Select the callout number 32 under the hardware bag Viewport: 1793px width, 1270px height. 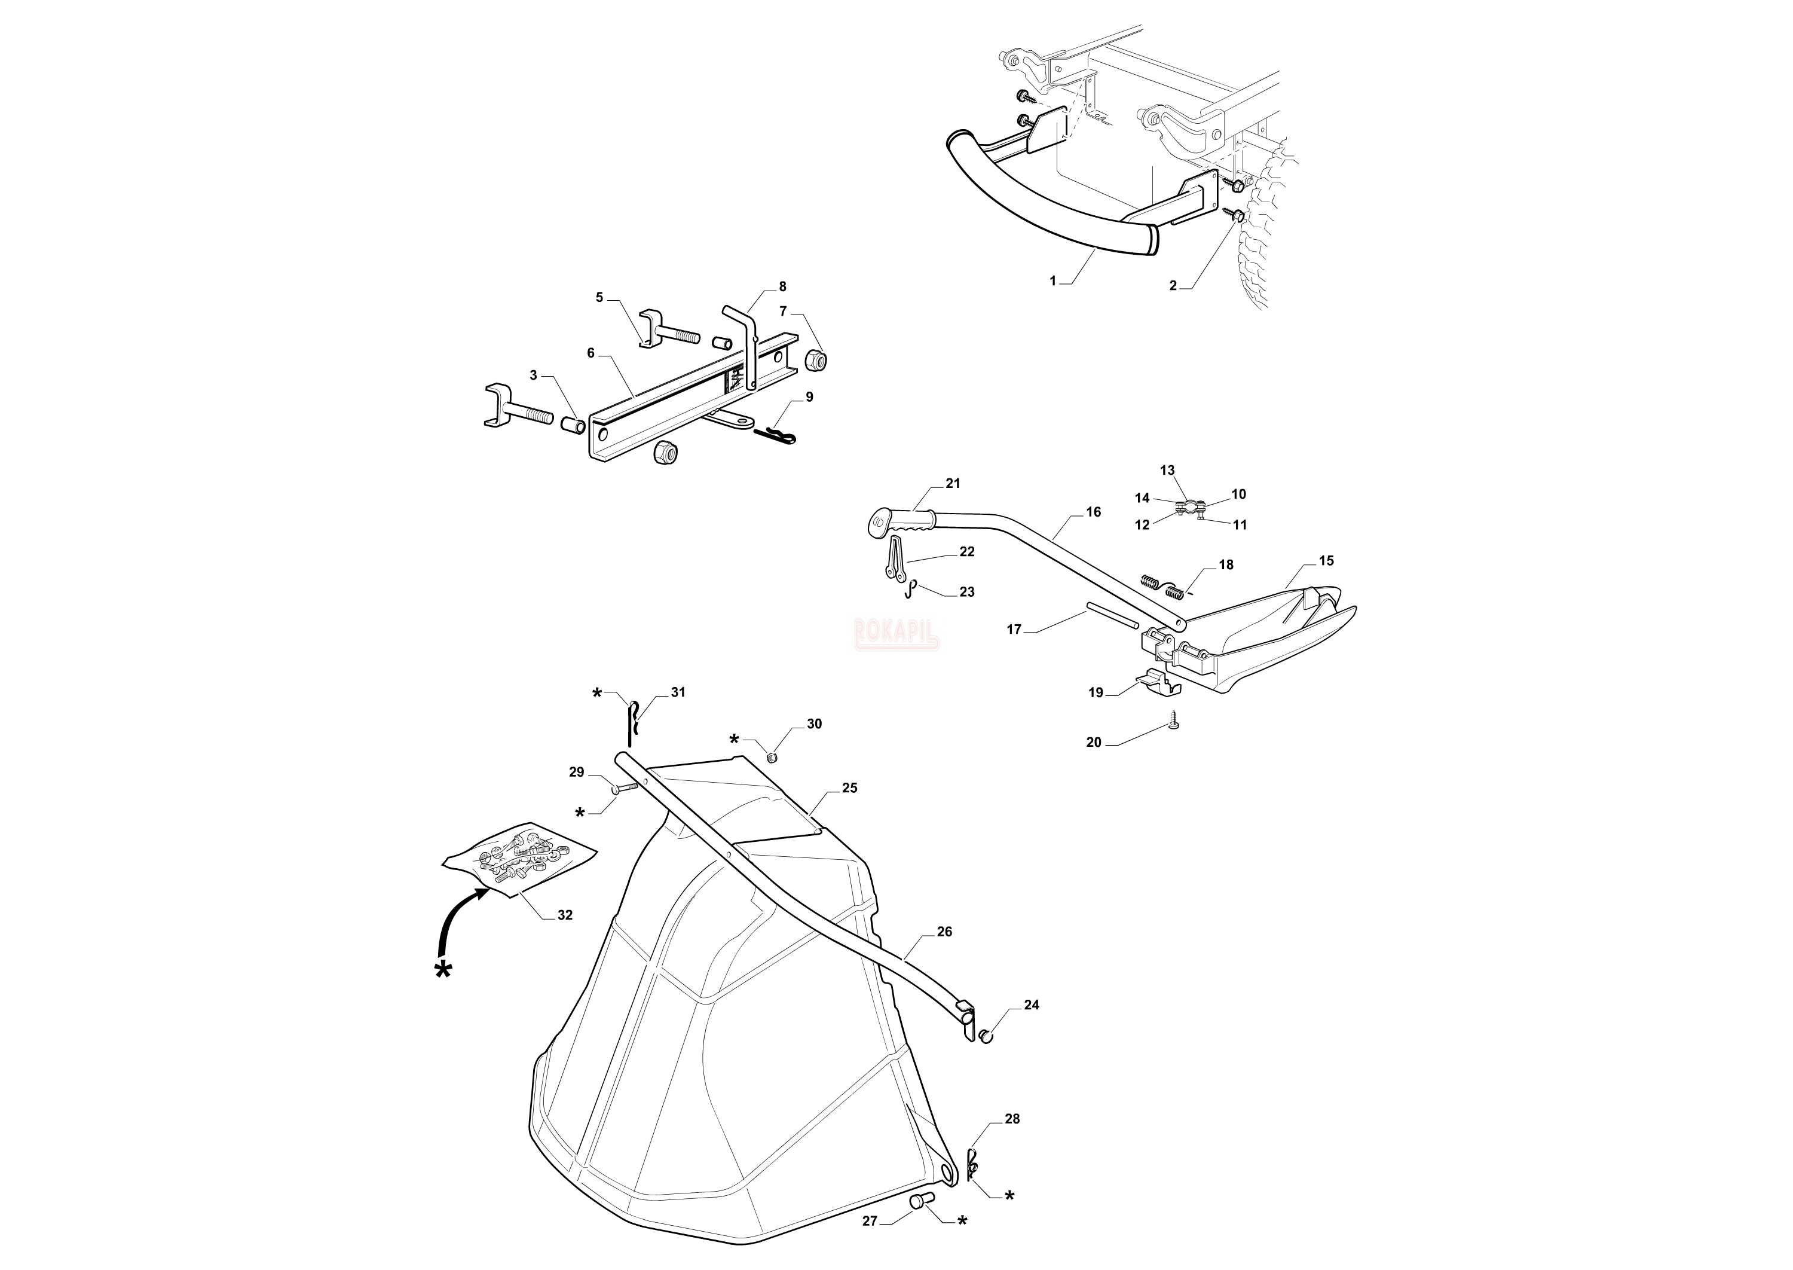(564, 915)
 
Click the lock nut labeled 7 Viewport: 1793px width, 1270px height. (815, 359)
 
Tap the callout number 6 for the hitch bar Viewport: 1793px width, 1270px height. (591, 353)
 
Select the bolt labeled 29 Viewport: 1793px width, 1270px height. (625, 788)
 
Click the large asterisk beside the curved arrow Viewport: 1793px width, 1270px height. (443, 971)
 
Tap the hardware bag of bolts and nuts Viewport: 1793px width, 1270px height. (518, 859)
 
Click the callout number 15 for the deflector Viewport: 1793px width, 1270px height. (1326, 561)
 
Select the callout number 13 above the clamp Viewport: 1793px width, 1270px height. (1167, 471)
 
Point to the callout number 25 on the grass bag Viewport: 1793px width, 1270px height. (850, 787)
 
